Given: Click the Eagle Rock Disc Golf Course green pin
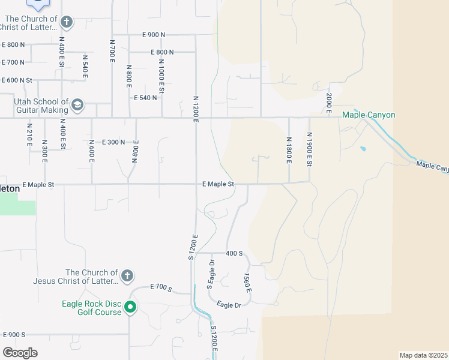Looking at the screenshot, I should click(130, 308).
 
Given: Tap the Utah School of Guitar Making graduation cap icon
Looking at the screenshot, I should click(77, 106).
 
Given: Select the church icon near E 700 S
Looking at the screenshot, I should click(126, 276).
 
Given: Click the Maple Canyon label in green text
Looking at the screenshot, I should click(369, 115).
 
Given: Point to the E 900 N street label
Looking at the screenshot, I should click(154, 35).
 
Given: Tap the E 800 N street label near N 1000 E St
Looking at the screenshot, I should click(163, 52).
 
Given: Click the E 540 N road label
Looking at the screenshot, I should click(145, 97).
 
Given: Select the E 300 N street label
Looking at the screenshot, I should click(113, 142).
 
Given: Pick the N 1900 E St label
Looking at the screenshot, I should click(309, 149).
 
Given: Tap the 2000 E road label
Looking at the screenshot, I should click(329, 103).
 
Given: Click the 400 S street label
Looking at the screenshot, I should click(234, 254).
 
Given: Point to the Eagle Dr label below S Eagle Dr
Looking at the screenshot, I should click(229, 305).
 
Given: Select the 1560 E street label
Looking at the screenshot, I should click(247, 282).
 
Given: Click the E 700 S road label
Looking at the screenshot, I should click(161, 289).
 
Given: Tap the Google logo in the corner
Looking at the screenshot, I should click(20, 353).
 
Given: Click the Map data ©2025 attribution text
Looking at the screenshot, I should click(423, 355).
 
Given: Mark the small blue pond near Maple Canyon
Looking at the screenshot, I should click(363, 149).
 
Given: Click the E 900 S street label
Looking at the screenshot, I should click(14, 334).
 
